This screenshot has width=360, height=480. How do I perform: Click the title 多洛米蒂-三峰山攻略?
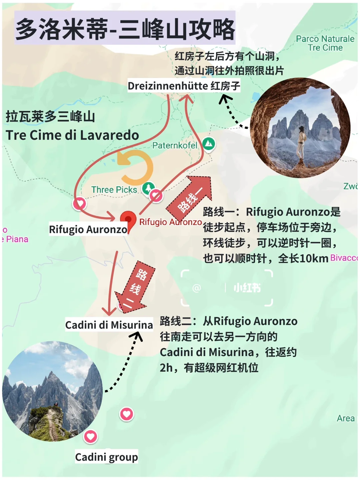[x=125, y=29]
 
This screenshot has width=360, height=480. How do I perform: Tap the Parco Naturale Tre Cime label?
[x=325, y=43]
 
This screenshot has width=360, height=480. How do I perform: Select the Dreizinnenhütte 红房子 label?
[x=184, y=86]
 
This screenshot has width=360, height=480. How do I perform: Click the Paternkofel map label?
[x=175, y=145]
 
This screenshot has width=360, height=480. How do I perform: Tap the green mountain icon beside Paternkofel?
[x=209, y=144]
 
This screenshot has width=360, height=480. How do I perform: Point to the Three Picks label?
[x=114, y=190]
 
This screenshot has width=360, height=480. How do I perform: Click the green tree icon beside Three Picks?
[x=148, y=188]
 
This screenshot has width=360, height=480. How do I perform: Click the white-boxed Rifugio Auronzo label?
[x=88, y=229]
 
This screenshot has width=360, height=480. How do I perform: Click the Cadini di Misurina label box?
[x=109, y=325]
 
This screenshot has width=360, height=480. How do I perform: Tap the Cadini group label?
[x=106, y=457]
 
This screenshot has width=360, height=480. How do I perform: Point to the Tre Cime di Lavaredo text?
[x=72, y=135]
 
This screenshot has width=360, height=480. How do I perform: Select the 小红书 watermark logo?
[x=247, y=288]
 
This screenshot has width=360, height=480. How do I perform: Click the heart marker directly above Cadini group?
[x=91, y=436]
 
